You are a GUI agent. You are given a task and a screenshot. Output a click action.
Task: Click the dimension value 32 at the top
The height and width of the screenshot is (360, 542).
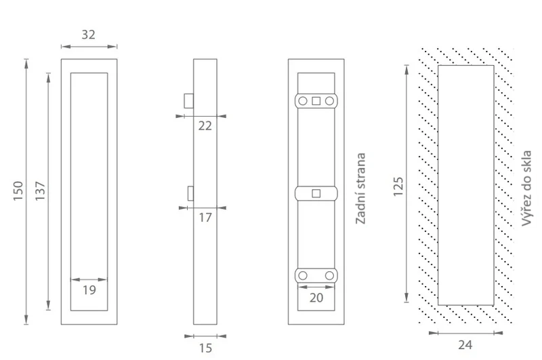coord(88,35)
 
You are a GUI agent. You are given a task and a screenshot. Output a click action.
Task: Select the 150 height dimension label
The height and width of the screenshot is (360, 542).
coord(18,191)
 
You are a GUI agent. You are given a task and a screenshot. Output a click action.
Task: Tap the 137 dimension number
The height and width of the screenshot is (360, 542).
coord(40,191)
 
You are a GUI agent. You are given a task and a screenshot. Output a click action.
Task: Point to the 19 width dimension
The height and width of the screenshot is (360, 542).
coord(89,289)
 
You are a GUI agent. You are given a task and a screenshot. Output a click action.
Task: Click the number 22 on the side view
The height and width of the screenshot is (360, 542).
coord(205,126)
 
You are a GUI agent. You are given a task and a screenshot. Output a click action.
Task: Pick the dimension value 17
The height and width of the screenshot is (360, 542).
coord(205,218)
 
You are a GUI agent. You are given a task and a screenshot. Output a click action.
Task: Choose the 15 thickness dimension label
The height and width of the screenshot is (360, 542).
coord(205,348)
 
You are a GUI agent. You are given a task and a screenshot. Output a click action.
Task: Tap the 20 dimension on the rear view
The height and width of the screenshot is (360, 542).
coord(316,298)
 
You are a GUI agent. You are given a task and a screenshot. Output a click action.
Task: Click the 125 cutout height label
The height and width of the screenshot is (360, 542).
coord(398,186)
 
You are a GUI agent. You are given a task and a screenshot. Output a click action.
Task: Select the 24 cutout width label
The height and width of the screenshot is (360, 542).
coord(465,345)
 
